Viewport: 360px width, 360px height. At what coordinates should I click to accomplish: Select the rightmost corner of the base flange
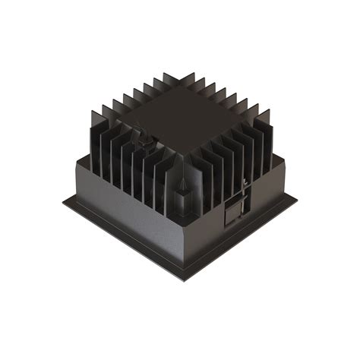[x=296, y=199]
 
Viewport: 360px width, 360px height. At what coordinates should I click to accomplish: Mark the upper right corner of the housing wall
[x=284, y=157]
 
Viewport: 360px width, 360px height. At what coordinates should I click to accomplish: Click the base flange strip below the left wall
[x=122, y=242]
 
